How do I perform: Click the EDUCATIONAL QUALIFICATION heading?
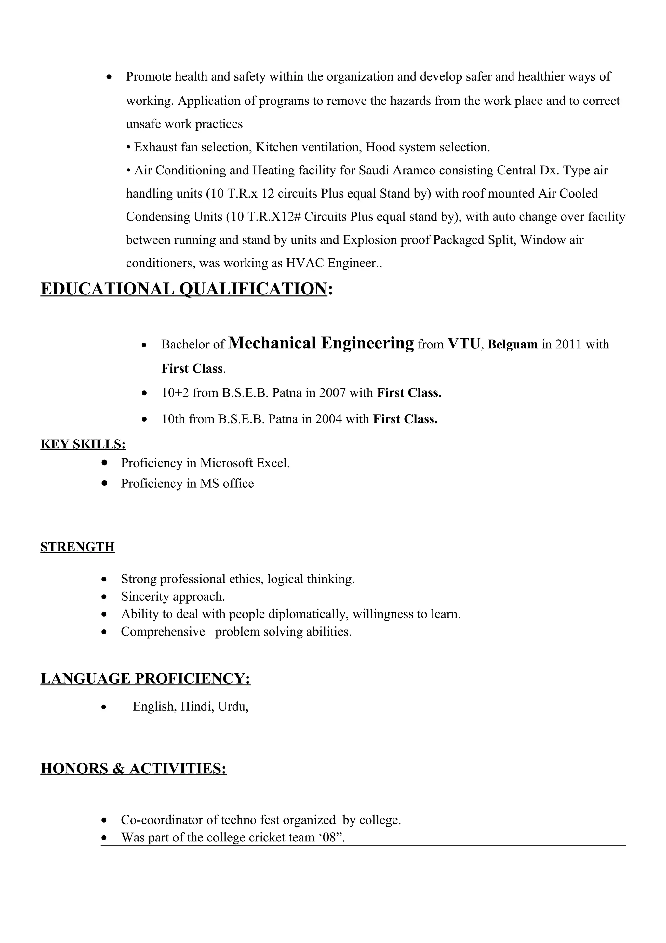pos(183,289)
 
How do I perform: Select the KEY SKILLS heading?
pos(83,444)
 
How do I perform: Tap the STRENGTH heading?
pos(77,547)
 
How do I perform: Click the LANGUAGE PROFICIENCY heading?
pos(145,678)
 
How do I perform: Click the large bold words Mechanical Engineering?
pos(321,343)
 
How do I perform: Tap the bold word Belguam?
pos(513,345)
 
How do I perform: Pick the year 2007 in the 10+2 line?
pos(332,393)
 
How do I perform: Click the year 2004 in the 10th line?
pos(328,419)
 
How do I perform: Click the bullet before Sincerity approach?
pos(105,597)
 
